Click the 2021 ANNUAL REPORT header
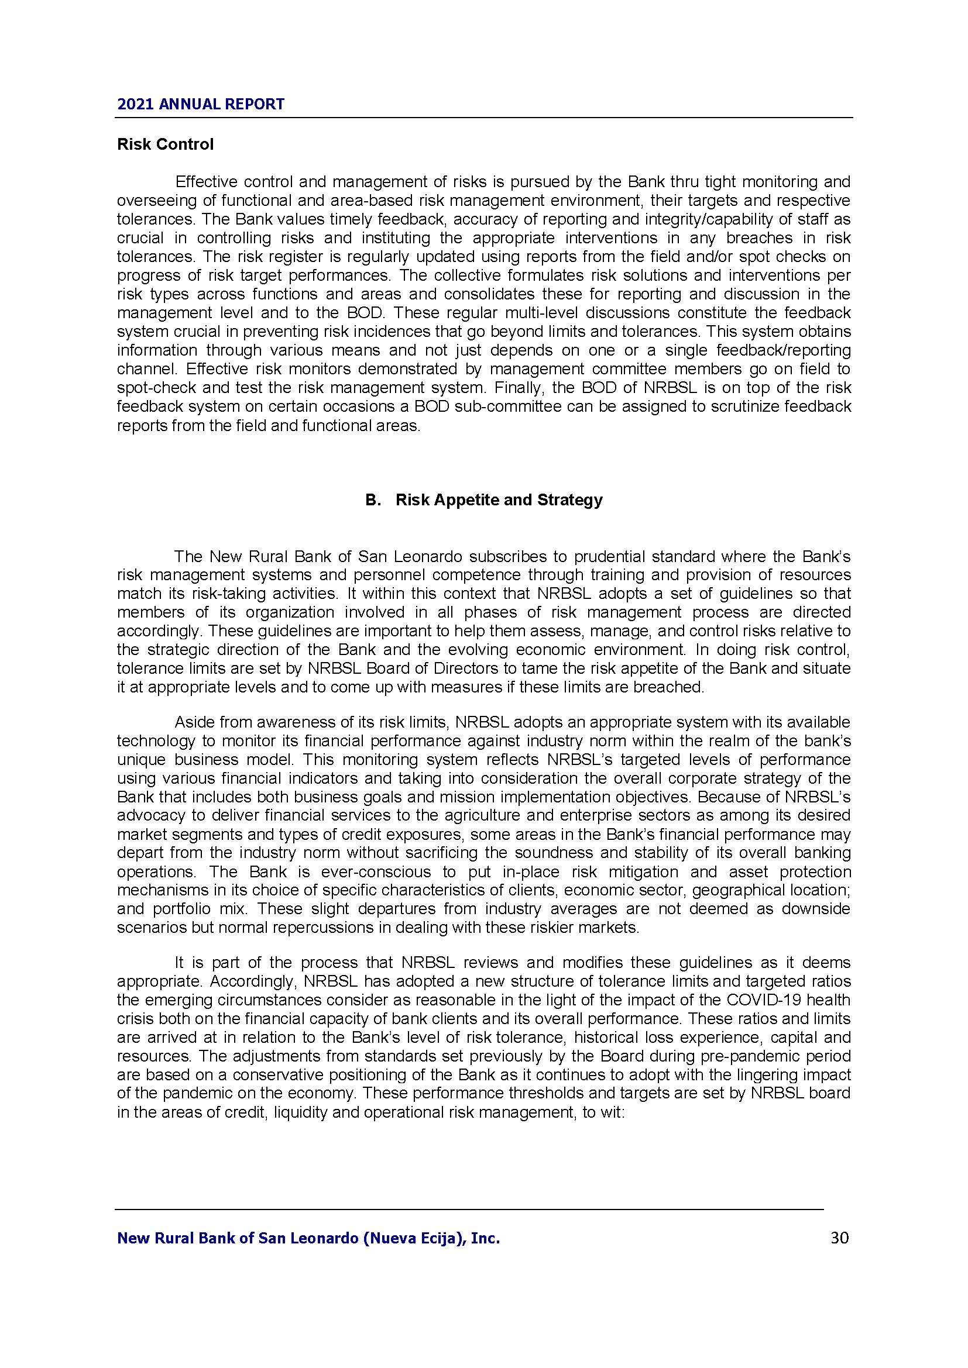point(201,104)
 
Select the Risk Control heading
point(165,145)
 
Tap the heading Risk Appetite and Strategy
point(498,499)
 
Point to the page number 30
point(839,1238)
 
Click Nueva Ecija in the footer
point(413,1239)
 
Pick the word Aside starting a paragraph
point(194,722)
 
